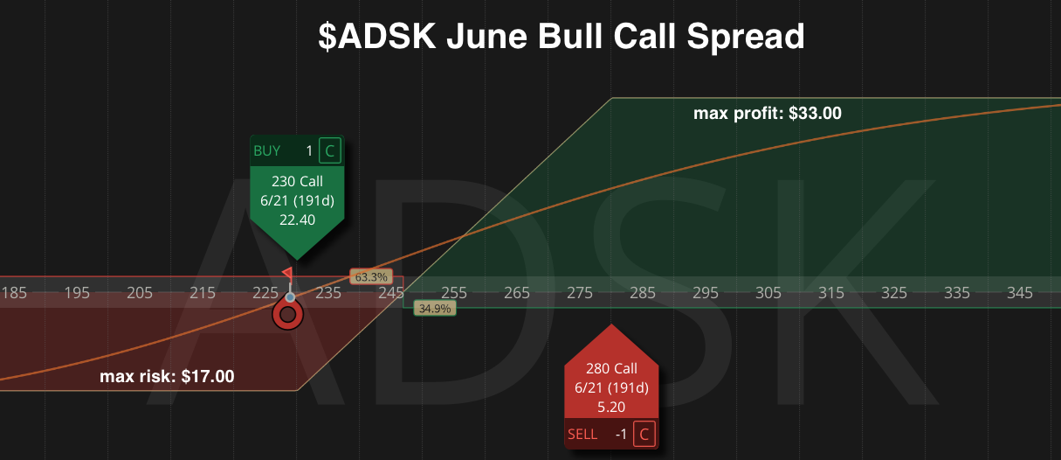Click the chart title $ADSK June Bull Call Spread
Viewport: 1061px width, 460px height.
562,37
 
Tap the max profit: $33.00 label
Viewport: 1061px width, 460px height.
768,114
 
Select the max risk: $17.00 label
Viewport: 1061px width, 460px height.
167,377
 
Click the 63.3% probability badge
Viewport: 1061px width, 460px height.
371,276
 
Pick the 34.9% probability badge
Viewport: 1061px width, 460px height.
435,309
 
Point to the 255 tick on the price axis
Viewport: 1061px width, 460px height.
454,293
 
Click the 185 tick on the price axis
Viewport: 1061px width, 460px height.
14,293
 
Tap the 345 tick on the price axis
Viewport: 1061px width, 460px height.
1019,293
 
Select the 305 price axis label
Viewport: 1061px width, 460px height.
768,293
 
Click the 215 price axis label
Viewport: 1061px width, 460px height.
203,293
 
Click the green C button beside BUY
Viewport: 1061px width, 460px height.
330,150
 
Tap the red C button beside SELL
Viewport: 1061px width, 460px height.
644,434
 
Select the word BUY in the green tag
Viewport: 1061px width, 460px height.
266,150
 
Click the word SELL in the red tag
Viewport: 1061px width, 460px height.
582,434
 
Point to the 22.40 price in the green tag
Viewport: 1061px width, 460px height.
297,220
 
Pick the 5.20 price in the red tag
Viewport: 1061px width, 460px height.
611,407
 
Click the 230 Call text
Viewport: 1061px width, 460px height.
297,181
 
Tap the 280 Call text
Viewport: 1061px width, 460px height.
611,368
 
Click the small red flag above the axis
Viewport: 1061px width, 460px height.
287,273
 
